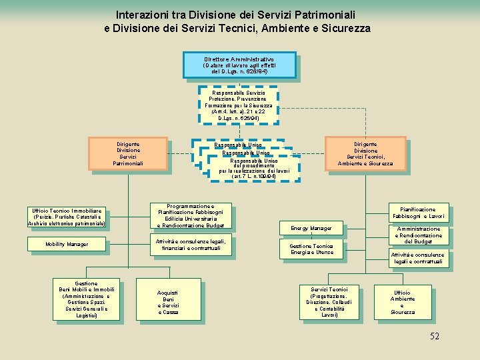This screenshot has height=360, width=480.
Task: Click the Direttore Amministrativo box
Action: point(239,65)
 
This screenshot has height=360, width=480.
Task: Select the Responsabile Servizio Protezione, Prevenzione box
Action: point(237,105)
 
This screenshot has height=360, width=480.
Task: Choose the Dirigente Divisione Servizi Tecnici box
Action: point(365,153)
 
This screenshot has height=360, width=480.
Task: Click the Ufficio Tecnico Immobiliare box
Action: point(67,217)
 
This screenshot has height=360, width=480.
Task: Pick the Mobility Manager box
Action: point(67,245)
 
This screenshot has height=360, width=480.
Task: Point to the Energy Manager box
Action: point(311,229)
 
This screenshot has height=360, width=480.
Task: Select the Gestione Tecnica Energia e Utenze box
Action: point(311,249)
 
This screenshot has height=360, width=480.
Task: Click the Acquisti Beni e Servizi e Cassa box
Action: point(167,302)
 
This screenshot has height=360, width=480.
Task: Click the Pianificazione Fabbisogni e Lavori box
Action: point(419,213)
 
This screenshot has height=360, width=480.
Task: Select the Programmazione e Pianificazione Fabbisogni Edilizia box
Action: point(191,216)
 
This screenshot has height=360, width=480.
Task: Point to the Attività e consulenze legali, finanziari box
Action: point(191,245)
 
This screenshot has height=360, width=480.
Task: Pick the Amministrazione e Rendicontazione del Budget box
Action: point(419,235)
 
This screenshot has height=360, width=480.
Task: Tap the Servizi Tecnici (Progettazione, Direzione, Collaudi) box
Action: point(329,302)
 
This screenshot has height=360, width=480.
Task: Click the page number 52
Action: point(434,337)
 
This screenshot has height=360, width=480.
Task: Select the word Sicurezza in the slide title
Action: point(347,29)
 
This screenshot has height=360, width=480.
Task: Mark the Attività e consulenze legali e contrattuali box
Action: point(417,258)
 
